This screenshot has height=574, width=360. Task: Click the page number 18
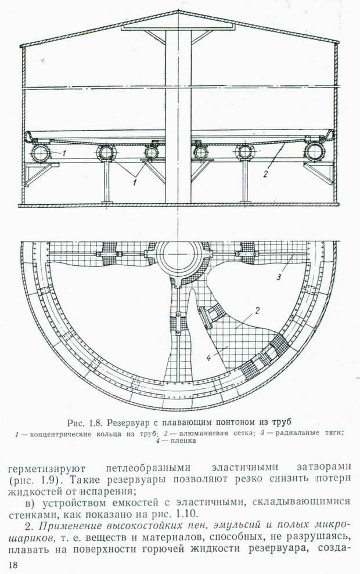point(12,565)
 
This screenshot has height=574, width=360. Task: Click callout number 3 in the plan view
point(278,277)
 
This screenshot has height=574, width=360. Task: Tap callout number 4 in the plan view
point(208,358)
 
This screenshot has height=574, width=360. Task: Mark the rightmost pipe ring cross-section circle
point(314,151)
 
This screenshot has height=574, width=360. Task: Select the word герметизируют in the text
point(46,468)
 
